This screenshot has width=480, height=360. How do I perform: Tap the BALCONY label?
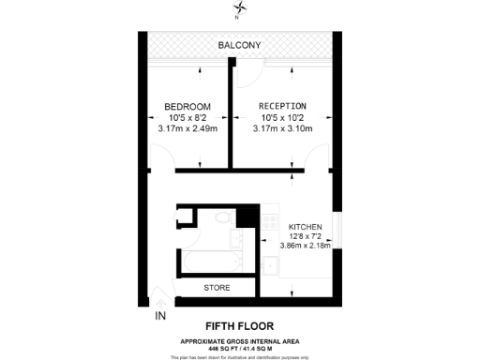click(239, 46)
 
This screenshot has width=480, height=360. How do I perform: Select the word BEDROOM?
click(187, 106)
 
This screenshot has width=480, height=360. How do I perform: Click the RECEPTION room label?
click(282, 106)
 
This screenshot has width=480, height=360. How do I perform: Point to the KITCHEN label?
click(306, 227)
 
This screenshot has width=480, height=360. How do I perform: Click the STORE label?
click(217, 287)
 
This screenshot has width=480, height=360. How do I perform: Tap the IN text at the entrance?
click(160, 315)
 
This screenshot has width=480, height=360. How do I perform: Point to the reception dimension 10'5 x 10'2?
click(282, 117)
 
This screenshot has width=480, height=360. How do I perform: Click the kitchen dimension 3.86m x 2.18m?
click(306, 247)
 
